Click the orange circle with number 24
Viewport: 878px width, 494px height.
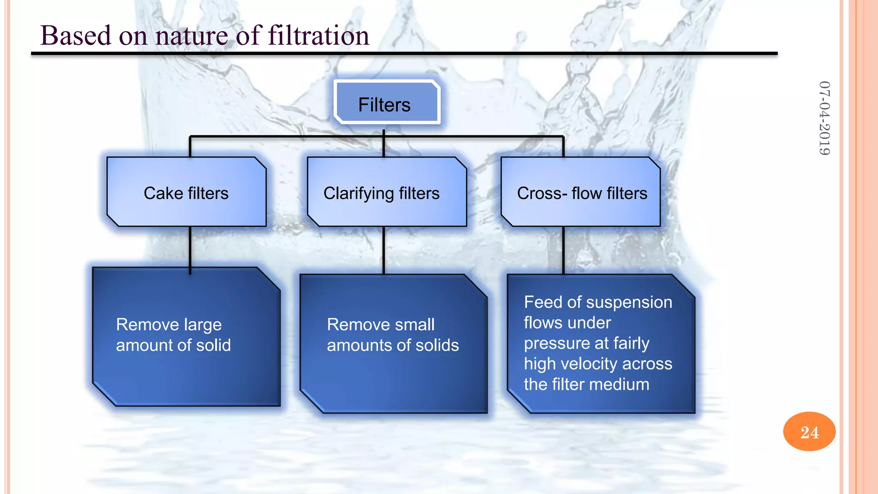tap(809, 431)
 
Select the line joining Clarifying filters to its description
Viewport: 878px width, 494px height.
tap(384, 250)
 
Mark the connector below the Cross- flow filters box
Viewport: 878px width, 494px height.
tap(563, 250)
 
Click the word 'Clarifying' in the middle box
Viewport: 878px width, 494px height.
tap(358, 193)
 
